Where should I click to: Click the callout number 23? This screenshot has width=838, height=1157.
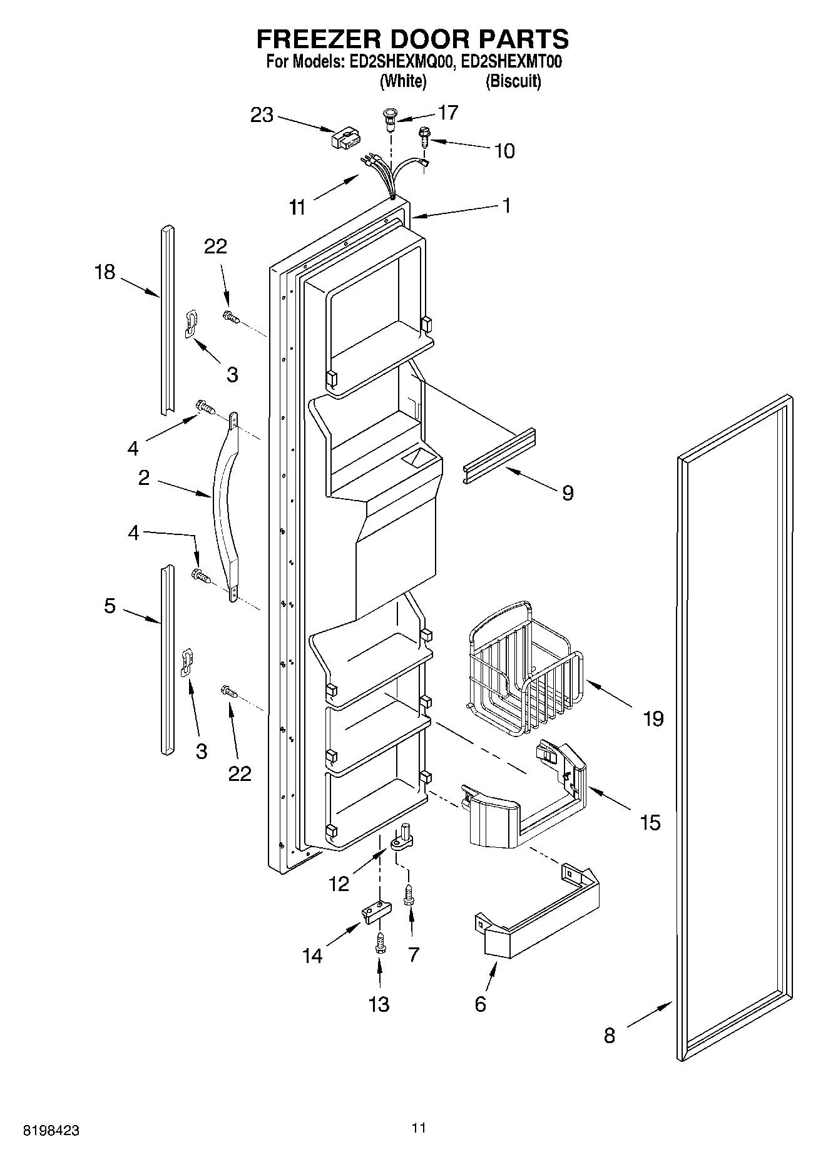(x=262, y=115)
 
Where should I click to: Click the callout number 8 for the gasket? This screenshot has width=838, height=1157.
(x=609, y=1035)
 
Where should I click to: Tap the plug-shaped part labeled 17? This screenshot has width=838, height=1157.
(x=390, y=118)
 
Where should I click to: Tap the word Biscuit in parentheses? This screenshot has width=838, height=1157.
(x=513, y=81)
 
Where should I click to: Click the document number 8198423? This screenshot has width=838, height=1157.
(x=51, y=1131)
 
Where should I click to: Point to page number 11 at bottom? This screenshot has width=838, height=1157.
(x=419, y=1128)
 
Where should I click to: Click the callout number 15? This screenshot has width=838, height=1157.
(x=650, y=822)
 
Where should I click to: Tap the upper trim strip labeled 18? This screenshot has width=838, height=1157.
(x=166, y=319)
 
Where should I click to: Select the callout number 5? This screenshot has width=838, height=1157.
(x=110, y=606)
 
